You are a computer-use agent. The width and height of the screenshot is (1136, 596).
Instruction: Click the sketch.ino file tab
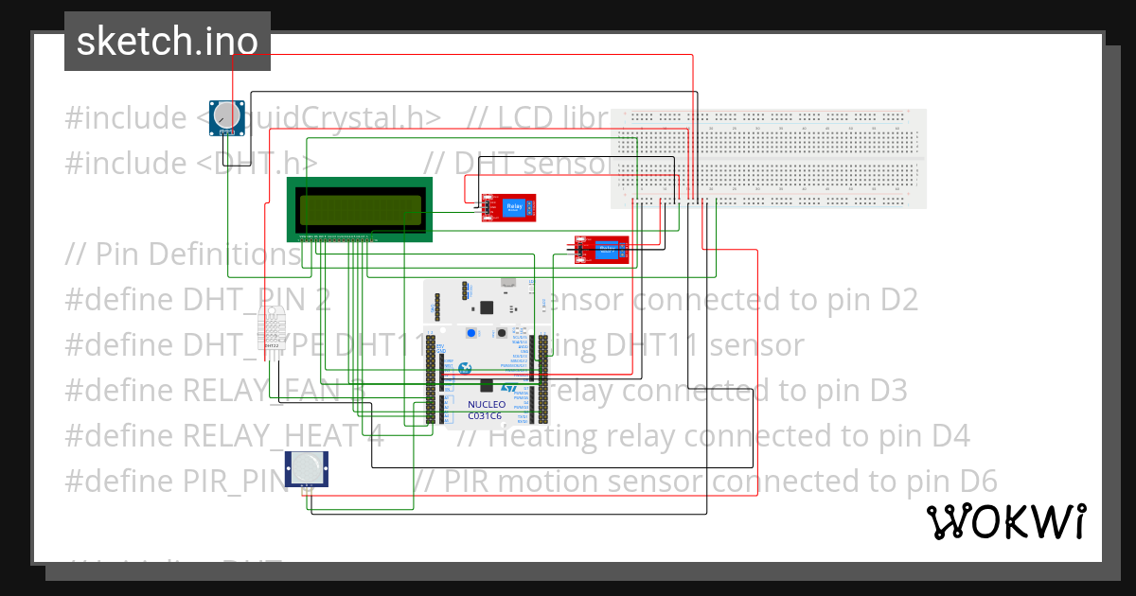tap(167, 42)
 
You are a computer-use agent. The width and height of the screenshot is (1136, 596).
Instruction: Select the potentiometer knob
tap(226, 115)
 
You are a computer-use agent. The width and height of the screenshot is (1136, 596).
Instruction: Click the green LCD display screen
tap(359, 207)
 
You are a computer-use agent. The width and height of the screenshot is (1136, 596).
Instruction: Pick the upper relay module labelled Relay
tap(508, 207)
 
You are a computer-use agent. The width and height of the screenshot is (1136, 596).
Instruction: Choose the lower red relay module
tap(601, 250)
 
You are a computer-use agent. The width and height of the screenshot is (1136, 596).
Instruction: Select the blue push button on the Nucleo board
tap(470, 334)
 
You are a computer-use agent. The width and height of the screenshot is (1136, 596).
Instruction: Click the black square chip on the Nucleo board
tap(488, 307)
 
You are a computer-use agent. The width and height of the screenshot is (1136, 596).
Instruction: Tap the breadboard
tap(769, 158)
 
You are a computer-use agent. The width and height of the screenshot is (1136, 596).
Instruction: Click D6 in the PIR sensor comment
tap(976, 482)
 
